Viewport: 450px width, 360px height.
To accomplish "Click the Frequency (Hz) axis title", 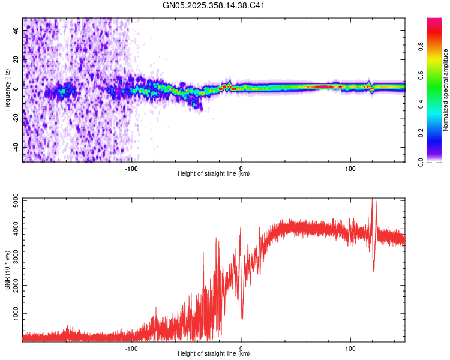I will pyautogui.click(x=7, y=90).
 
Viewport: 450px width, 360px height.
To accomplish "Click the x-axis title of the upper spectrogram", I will pyautogui.click(x=214, y=174).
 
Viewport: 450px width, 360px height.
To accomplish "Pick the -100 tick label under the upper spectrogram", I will pyautogui.click(x=131, y=167).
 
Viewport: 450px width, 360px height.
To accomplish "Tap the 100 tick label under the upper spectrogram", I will pyautogui.click(x=350, y=167).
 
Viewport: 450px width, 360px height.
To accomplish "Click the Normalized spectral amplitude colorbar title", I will pyautogui.click(x=446, y=90).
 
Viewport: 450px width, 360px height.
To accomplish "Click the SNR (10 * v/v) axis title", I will pyautogui.click(x=7, y=270).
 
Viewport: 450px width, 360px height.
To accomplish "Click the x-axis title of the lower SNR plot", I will pyautogui.click(x=214, y=354).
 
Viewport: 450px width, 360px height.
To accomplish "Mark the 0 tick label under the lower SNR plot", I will pyautogui.click(x=241, y=347).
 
